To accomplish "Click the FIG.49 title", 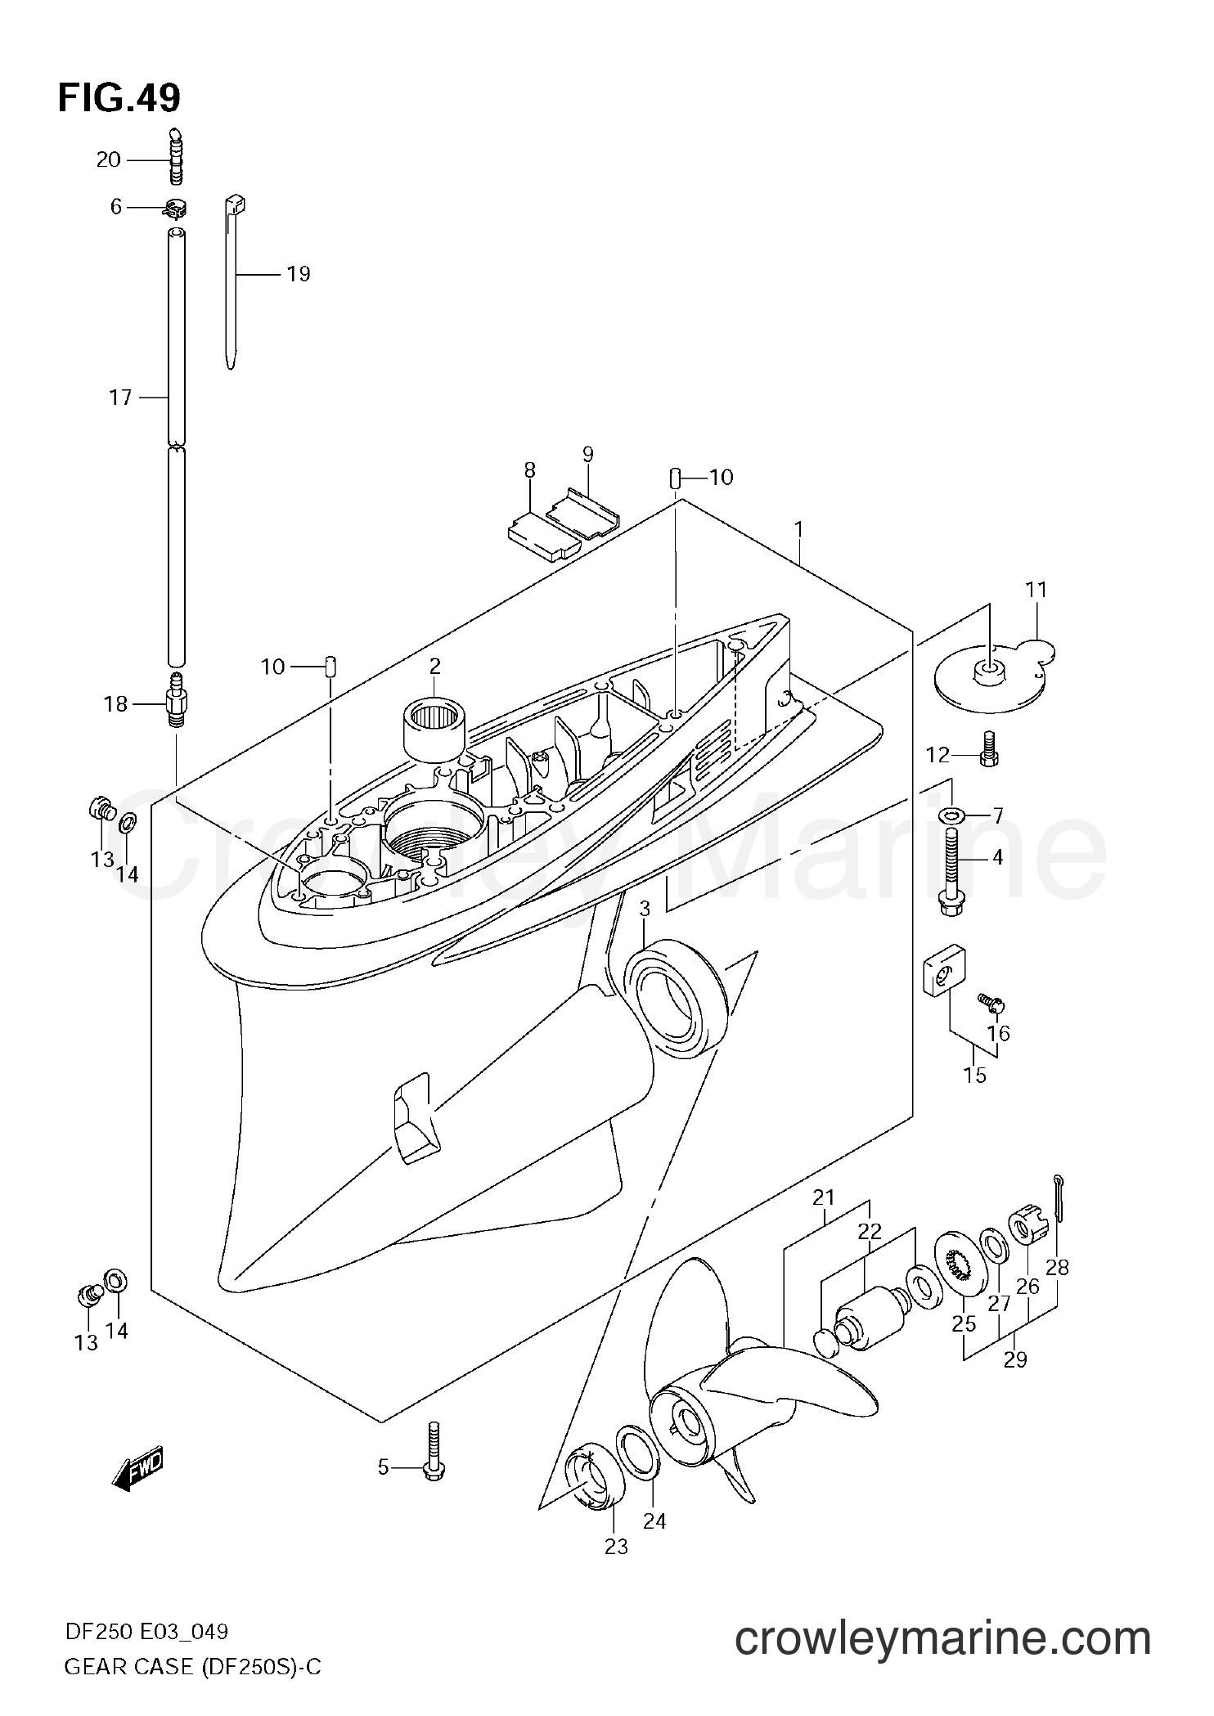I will tap(119, 99).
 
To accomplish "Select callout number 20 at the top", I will tap(109, 159).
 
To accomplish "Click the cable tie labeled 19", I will tap(233, 278).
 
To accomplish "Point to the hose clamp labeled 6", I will tap(175, 209).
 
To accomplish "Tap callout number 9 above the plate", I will tap(587, 455).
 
